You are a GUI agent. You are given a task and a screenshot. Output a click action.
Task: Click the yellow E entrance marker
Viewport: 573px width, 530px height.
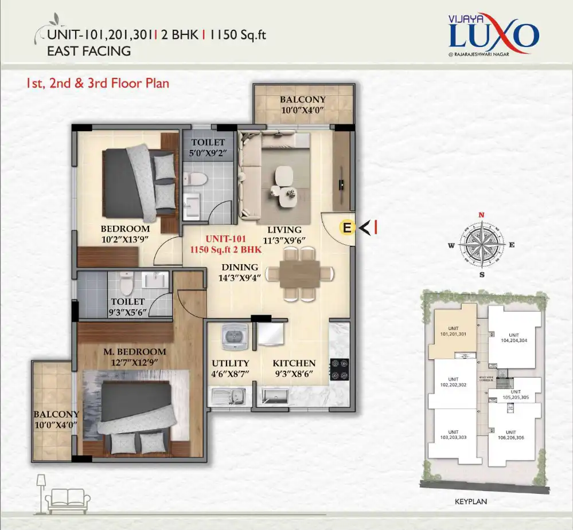coord(346,227)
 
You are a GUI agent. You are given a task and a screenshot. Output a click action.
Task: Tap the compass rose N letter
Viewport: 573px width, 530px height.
coord(482,215)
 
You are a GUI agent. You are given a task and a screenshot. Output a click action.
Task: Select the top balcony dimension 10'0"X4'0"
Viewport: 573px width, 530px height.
coord(303,111)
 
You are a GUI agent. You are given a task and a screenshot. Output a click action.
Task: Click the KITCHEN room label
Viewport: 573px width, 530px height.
coord(294,363)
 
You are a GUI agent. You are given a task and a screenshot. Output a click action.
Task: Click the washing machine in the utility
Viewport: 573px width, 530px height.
coord(233,334)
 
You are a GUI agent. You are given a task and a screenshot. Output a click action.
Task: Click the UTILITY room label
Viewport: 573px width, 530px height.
coord(230,363)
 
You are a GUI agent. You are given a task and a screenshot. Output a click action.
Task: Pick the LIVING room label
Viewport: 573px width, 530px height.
coord(284,230)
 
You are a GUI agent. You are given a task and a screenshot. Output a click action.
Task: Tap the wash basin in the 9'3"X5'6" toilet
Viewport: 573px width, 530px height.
coord(154,281)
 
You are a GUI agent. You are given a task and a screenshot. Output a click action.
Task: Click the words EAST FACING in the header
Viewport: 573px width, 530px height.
coord(88,51)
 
